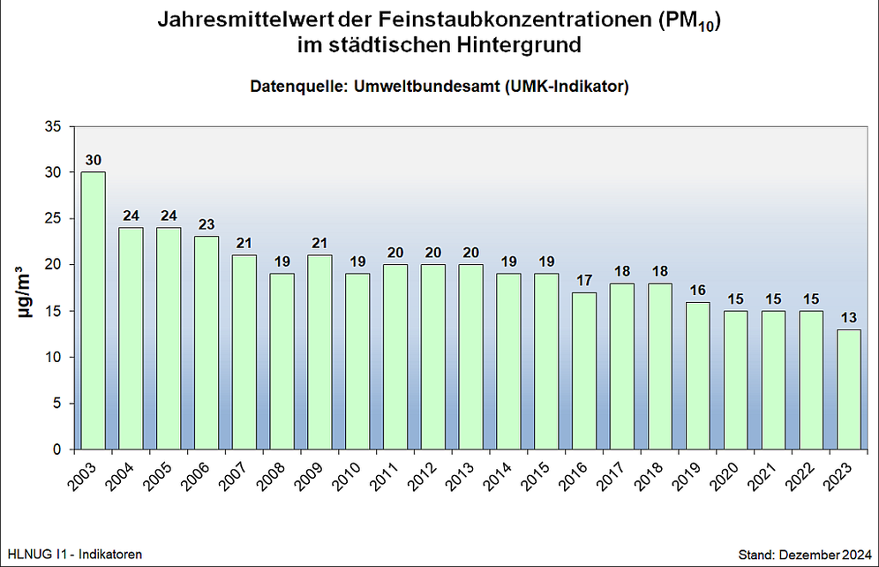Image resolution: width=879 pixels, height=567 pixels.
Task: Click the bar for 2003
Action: (x=93, y=310)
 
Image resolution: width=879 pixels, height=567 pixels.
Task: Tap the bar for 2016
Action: (x=584, y=370)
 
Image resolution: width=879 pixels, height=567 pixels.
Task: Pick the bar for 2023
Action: (x=849, y=389)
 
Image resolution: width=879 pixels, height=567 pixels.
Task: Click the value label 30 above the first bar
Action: (x=93, y=160)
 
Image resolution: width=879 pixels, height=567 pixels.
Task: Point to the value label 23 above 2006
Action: (x=207, y=224)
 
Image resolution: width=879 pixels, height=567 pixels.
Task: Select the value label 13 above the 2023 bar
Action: (x=849, y=317)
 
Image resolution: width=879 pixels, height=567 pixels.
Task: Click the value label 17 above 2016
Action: (x=584, y=280)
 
